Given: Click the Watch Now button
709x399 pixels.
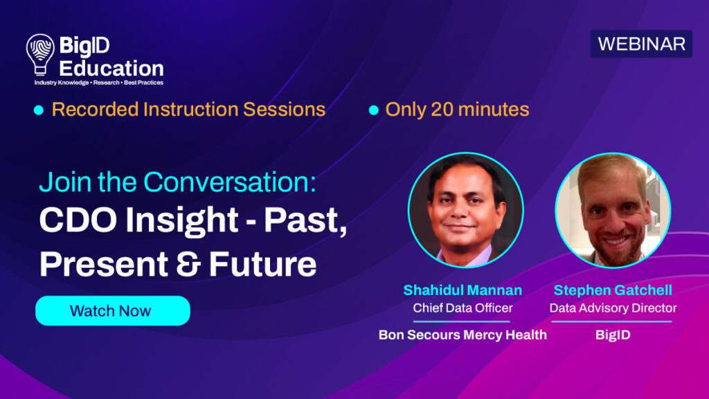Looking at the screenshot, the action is click(x=113, y=311).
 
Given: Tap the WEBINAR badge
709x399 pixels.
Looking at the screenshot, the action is click(x=641, y=44).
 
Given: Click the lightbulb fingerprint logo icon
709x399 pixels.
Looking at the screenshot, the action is click(x=40, y=54).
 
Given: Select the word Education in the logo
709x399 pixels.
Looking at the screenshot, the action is click(x=111, y=69).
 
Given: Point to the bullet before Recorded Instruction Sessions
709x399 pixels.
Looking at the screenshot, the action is click(x=39, y=110).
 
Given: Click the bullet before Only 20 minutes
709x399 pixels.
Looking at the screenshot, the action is click(x=373, y=110).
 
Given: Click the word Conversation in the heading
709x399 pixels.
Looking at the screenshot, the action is click(x=229, y=182).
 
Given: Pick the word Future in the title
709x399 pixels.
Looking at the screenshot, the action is click(x=262, y=264).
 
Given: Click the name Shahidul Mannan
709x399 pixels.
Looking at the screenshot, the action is click(x=463, y=290).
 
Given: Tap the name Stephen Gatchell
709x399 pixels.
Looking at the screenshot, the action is click(x=613, y=290).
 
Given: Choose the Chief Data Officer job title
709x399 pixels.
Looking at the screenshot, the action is click(x=463, y=308).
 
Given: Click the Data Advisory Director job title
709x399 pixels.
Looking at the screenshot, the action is click(x=613, y=308).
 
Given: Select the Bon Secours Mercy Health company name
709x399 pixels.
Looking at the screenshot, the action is click(x=463, y=335).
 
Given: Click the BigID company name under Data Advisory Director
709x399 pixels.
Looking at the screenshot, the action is click(x=613, y=335).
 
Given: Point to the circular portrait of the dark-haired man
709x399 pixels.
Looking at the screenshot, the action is click(x=466, y=210).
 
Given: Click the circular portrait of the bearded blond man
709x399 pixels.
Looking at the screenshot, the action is click(x=613, y=210).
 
